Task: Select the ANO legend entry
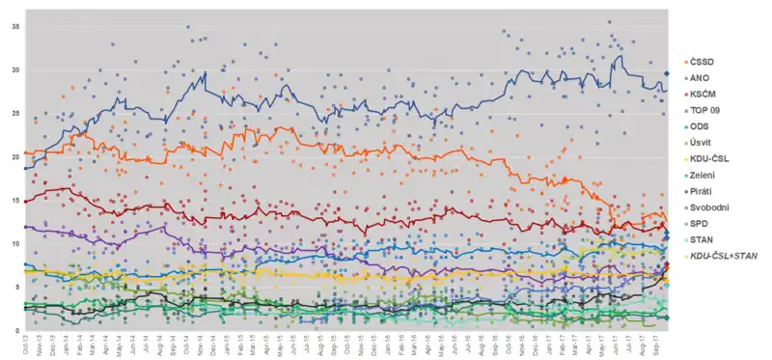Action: [701, 78]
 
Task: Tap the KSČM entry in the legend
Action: [703, 95]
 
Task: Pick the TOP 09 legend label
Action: [704, 110]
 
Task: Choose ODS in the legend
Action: [700, 126]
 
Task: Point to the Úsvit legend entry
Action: [702, 143]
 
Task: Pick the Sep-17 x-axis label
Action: [655, 344]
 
